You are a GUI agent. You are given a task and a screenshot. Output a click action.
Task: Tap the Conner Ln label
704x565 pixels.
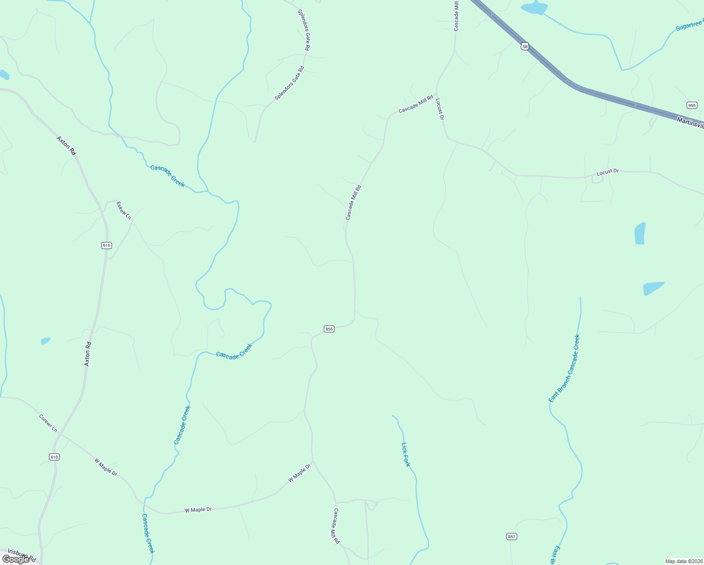48,423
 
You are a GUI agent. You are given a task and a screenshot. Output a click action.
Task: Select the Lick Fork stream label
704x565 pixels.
406,454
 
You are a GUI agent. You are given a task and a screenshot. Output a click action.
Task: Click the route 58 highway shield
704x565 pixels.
525,46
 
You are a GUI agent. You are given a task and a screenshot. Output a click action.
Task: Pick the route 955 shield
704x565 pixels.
691,105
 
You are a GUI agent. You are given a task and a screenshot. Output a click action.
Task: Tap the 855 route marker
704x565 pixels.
329,329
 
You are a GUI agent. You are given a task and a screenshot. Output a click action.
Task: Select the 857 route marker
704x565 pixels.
512,536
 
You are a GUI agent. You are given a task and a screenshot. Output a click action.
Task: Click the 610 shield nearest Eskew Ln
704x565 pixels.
106,245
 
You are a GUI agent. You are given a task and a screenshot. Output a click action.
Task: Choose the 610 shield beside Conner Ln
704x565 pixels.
54,457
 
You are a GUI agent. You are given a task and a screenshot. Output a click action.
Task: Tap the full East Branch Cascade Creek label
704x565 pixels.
564,368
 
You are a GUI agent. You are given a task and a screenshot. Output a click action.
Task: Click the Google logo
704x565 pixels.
16,559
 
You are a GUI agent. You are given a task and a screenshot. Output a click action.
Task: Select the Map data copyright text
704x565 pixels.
684,561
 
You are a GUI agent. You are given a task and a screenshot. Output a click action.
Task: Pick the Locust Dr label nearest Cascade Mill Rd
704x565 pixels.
440,109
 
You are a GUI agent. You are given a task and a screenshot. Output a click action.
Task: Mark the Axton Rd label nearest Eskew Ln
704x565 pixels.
66,145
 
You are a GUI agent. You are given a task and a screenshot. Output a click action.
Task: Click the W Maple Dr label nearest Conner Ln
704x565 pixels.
106,466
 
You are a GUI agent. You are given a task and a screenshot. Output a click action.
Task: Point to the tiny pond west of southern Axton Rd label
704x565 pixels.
45,341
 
